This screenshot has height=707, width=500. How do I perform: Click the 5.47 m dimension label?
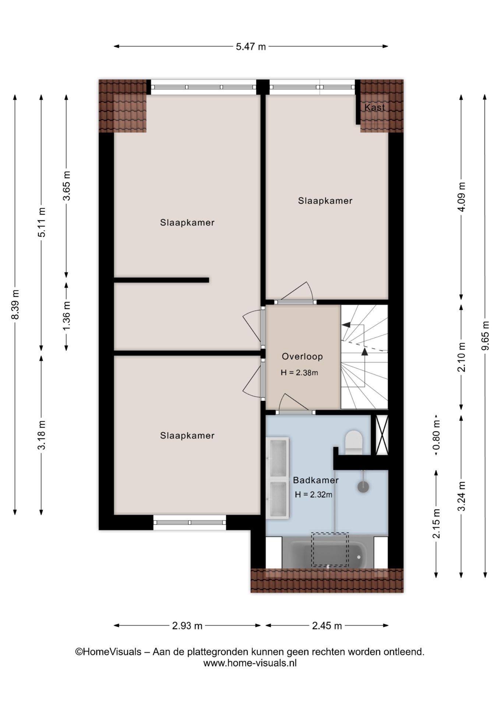tap(250, 47)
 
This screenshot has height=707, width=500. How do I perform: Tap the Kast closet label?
tap(374, 107)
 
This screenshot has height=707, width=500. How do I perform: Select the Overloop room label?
tap(302, 356)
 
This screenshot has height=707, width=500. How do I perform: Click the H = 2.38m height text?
tap(299, 373)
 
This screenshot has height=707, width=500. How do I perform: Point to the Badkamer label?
tap(316, 480)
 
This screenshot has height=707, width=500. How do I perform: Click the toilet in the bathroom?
tap(354, 442)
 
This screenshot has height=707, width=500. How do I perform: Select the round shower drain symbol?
tap(363, 487)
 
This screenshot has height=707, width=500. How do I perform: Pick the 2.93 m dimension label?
tap(187, 626)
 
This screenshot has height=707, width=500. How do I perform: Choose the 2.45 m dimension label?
tap(327, 626)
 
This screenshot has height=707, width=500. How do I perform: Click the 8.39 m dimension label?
tap(15, 305)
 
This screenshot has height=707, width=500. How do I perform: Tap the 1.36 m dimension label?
tap(67, 316)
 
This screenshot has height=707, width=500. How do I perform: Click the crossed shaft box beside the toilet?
tap(382, 435)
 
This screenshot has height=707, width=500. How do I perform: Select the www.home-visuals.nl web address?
tap(250, 663)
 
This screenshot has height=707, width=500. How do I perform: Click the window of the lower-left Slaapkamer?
tap(190, 523)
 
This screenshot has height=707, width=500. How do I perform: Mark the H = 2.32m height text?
tap(313, 495)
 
